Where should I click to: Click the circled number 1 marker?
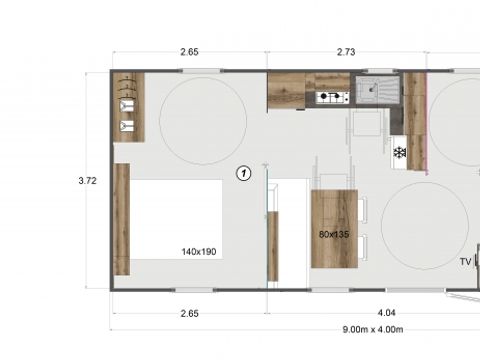pyautogui.click(x=242, y=173)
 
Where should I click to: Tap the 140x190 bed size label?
pyautogui.click(x=200, y=251)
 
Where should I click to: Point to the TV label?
pyautogui.click(x=465, y=261)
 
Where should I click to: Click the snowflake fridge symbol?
pyautogui.click(x=399, y=152)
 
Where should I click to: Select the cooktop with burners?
pyautogui.click(x=331, y=97)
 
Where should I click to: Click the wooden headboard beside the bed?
pyautogui.click(x=121, y=220)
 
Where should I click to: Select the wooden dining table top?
pyautogui.click(x=334, y=228)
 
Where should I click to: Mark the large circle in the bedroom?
pyautogui.click(x=203, y=121)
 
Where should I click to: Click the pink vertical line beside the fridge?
pyautogui.click(x=427, y=125)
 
